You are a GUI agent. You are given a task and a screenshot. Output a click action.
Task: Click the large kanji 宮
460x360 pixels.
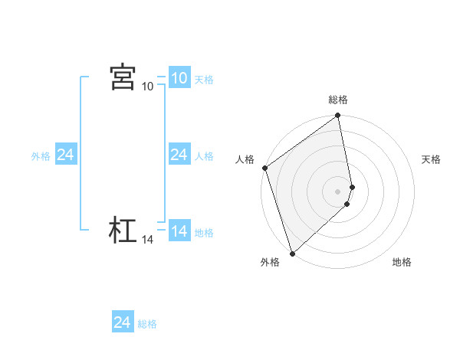point(123,77)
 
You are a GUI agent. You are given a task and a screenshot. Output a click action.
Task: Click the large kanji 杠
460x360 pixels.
point(123,231)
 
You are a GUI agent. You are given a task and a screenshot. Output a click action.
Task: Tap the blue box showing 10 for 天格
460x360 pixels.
point(179,78)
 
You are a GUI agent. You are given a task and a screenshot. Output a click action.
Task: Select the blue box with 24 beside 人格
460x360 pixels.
point(179,155)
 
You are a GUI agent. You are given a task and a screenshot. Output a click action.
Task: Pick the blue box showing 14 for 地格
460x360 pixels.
point(179,231)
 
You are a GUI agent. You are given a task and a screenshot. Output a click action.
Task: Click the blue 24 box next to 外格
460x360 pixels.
point(65,155)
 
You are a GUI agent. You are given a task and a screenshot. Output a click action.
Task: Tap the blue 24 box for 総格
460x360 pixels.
point(122,322)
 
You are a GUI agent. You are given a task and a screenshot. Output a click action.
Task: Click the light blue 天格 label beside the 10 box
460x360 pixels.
point(204,80)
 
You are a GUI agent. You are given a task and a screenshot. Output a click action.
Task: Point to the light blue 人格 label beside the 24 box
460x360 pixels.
point(204,156)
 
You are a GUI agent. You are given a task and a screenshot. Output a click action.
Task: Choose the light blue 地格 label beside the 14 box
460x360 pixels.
point(204,233)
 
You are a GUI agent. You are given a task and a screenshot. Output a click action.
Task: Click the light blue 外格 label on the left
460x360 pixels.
point(41,156)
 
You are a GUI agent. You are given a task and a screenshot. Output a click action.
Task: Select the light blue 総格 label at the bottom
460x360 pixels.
point(147,324)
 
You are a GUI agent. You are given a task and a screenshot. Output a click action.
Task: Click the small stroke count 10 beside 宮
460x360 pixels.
point(148,87)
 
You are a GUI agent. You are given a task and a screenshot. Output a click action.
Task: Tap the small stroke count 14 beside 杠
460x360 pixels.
point(148,240)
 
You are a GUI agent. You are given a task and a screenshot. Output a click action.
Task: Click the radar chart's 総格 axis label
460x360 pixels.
point(338,100)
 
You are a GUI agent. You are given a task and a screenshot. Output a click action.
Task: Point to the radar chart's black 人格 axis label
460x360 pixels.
point(245,159)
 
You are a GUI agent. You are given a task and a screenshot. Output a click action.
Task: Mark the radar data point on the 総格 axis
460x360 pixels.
point(338,116)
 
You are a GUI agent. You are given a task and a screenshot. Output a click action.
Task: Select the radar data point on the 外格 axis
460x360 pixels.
point(292,252)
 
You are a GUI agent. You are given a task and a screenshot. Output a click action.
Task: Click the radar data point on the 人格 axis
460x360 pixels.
point(264,168)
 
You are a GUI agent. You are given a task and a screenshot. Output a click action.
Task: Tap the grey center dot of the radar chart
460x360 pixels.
point(338,191)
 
